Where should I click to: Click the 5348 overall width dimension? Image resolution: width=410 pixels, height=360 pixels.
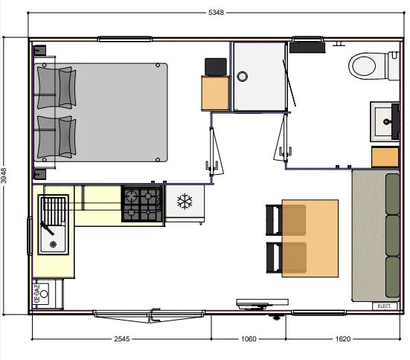click(x=216, y=13)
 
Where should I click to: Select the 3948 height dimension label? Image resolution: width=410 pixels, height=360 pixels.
click(x=4, y=176)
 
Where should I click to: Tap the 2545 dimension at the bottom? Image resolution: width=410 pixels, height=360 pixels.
click(x=122, y=339)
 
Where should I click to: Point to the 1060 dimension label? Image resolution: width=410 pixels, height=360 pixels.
click(x=249, y=339)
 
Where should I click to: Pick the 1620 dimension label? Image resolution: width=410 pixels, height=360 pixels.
click(x=343, y=339)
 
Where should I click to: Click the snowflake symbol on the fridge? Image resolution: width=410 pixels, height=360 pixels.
click(x=185, y=202)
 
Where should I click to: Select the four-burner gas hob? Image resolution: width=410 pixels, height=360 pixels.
click(x=143, y=204)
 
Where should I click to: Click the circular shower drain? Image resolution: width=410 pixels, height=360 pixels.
click(x=242, y=77)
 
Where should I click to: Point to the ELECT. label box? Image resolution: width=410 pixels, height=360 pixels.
click(x=385, y=306)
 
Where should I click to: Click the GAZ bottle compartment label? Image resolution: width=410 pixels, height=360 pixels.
click(x=37, y=294)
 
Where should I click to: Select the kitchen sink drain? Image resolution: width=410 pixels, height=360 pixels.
click(x=53, y=245)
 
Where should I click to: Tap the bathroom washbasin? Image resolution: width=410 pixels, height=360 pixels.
click(x=385, y=121)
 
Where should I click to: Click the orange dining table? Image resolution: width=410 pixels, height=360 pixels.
click(x=310, y=238)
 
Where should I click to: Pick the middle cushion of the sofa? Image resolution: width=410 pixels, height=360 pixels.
click(x=392, y=235)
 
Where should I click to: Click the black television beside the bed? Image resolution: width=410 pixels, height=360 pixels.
click(x=216, y=67)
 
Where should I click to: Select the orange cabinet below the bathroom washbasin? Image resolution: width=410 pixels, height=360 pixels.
click(x=385, y=157)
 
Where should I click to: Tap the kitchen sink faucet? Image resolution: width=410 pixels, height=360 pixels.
click(x=47, y=228)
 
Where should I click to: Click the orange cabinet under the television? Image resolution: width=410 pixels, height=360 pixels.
click(x=215, y=93)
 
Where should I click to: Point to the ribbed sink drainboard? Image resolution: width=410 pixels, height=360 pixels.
click(x=54, y=210)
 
